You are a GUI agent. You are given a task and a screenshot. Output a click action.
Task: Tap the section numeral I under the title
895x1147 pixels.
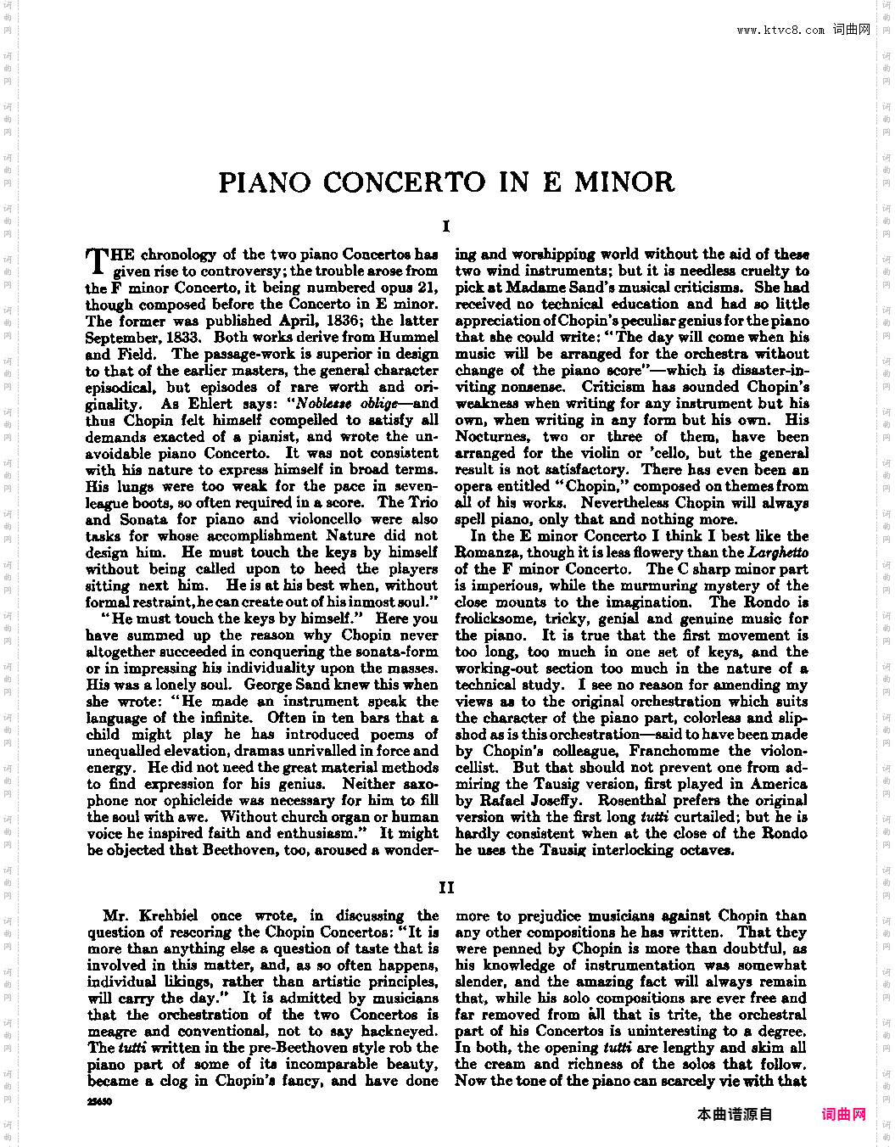(x=446, y=227)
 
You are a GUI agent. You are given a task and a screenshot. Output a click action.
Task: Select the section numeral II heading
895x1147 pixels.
(x=446, y=887)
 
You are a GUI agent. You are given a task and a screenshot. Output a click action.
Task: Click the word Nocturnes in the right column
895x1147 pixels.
(x=492, y=436)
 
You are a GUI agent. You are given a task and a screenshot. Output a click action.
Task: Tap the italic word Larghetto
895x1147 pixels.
(x=778, y=552)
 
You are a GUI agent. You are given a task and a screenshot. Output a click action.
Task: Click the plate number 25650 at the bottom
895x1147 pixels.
(x=100, y=1101)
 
